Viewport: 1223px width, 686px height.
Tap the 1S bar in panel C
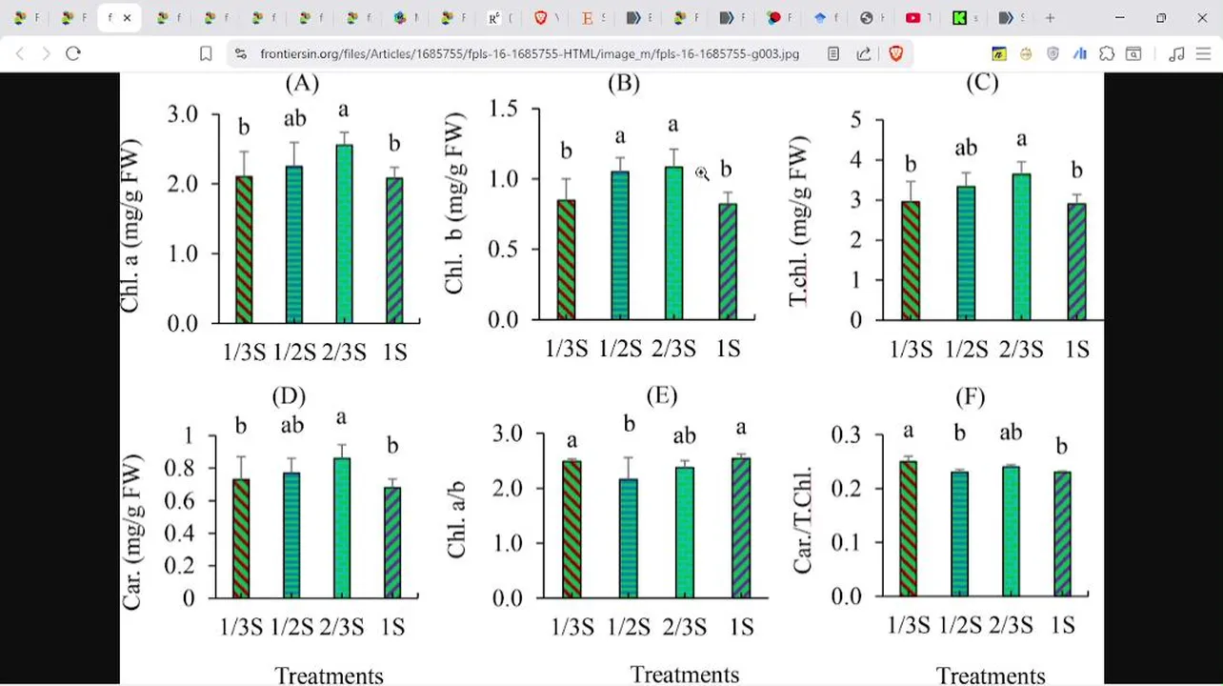click(x=1076, y=261)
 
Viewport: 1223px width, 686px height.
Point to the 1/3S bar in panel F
click(x=908, y=529)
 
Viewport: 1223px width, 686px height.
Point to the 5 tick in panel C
click(x=855, y=120)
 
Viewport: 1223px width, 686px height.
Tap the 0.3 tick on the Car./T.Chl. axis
click(x=845, y=434)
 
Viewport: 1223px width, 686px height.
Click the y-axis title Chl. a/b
click(x=457, y=515)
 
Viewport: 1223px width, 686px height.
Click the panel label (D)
click(x=289, y=395)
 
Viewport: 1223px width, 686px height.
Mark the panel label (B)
click(x=623, y=83)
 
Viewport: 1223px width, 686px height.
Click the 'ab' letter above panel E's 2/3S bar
click(x=684, y=435)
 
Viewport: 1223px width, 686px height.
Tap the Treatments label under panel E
click(x=684, y=675)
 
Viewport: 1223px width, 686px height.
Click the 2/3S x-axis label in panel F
click(x=1011, y=625)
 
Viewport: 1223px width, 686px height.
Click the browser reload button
click(x=73, y=54)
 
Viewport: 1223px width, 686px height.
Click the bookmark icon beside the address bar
click(x=206, y=54)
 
